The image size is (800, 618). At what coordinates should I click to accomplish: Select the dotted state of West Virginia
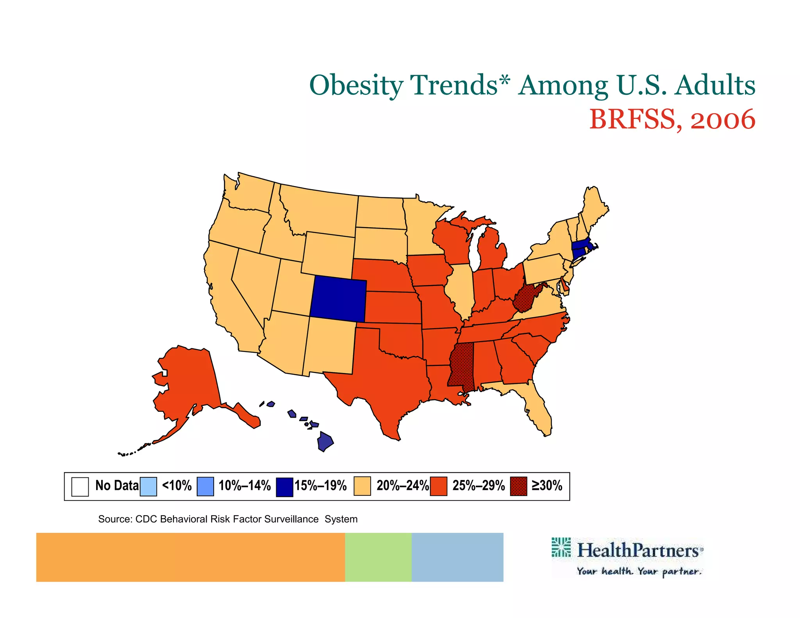pyautogui.click(x=525, y=299)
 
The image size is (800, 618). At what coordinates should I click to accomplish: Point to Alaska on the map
pyautogui.click(x=187, y=383)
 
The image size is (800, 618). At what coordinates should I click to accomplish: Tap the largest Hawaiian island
pyautogui.click(x=325, y=442)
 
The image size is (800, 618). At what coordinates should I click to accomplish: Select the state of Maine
pyautogui.click(x=594, y=207)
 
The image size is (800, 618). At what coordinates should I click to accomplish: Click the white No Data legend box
pyautogui.click(x=80, y=486)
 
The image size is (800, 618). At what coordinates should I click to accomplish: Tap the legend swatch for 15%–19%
pyautogui.click(x=284, y=487)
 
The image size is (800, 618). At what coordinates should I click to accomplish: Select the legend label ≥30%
pyautogui.click(x=547, y=486)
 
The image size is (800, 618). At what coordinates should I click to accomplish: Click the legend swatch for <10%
pyautogui.click(x=148, y=486)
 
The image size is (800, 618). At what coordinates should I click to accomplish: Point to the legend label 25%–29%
pyautogui.click(x=479, y=486)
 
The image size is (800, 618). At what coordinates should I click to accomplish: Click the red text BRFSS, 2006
pyautogui.click(x=672, y=119)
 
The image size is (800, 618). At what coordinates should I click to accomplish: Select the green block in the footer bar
pyautogui.click(x=378, y=557)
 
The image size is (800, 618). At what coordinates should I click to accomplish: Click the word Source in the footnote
pyautogui.click(x=115, y=519)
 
